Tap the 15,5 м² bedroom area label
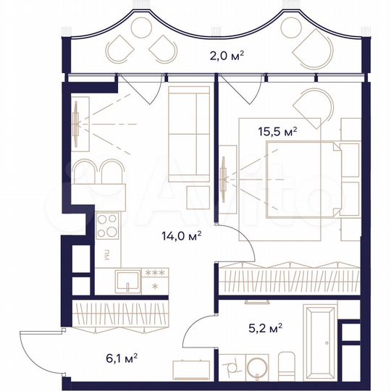[278, 132]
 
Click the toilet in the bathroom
[287, 367]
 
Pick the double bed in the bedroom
[304, 178]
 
